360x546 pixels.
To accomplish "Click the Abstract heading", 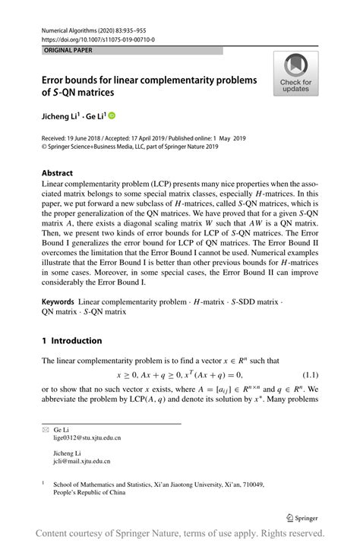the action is click(x=58, y=172).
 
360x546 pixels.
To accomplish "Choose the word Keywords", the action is click(x=58, y=302).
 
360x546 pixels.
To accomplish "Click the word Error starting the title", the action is click(x=55, y=80).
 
